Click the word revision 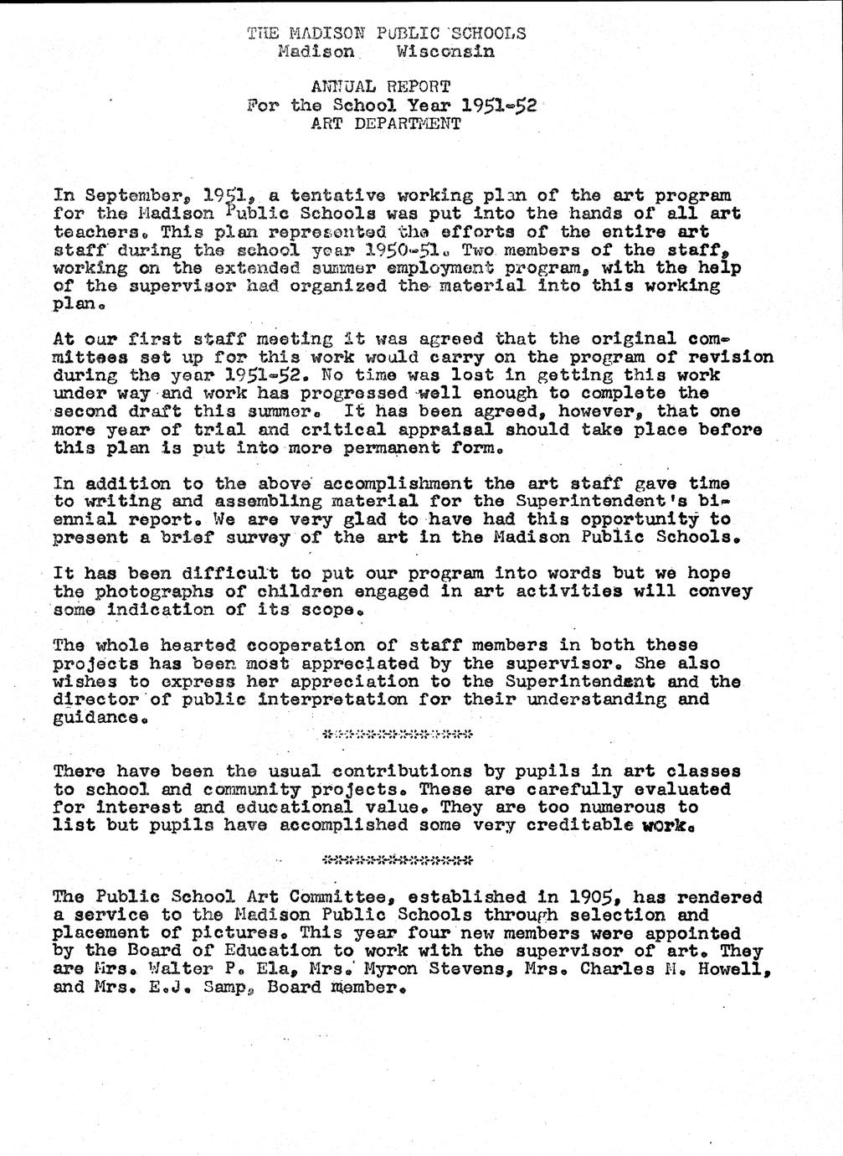click(727, 357)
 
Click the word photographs click(170, 591)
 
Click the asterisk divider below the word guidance click(398, 735)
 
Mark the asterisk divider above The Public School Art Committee click(398, 859)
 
